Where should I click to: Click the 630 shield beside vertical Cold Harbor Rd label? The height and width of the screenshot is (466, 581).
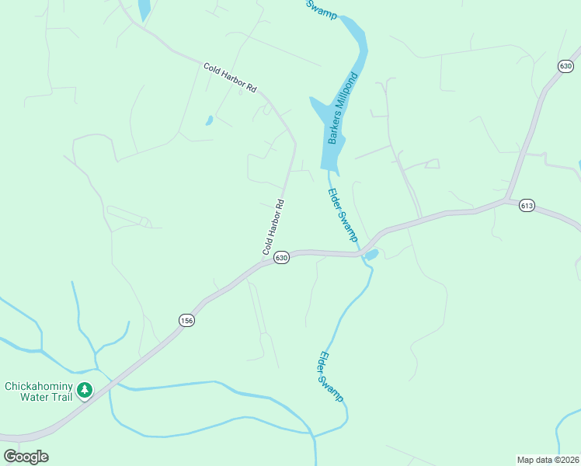tap(281, 257)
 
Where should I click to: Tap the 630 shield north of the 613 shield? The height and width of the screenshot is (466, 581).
tap(565, 67)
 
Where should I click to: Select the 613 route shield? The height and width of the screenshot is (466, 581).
tap(527, 206)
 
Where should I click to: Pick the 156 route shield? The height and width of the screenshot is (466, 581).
tap(186, 320)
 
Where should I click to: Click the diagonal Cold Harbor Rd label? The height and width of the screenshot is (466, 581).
tap(230, 78)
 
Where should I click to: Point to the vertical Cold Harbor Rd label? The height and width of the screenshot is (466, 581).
tap(273, 228)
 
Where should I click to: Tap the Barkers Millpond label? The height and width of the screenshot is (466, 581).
tap(342, 110)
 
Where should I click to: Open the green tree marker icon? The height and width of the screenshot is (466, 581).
tap(85, 391)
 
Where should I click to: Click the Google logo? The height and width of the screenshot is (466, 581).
tap(26, 457)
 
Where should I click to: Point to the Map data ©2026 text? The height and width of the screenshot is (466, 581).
tap(548, 459)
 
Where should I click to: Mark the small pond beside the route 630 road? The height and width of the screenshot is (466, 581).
tap(371, 255)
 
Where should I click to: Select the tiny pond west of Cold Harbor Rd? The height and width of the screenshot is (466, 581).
tap(209, 120)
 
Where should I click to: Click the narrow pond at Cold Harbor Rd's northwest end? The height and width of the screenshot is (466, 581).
tap(144, 9)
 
